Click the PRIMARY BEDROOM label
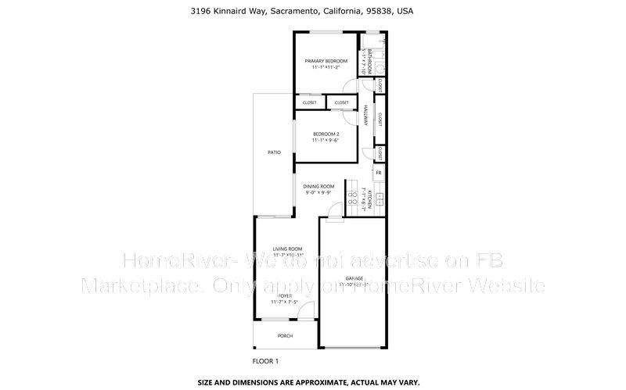(326, 61)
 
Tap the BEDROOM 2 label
(326, 134)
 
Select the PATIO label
(274, 152)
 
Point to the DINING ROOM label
(319, 186)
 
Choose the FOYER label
(279, 295)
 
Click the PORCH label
(285, 336)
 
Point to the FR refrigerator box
(379, 173)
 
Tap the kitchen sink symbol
(379, 199)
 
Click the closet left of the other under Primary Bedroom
(309, 102)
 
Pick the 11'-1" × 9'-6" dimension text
(326, 141)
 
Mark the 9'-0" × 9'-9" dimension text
(319, 192)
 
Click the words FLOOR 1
(265, 361)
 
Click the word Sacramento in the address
(295, 12)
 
